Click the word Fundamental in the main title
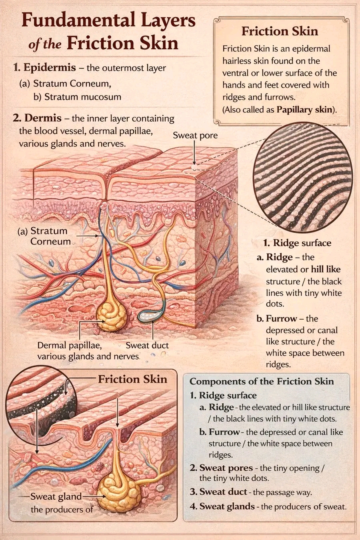tap(78, 21)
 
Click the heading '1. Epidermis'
tap(45, 67)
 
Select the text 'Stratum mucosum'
tap(83, 97)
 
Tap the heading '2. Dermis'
tap(37, 118)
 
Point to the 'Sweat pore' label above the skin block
tap(195, 135)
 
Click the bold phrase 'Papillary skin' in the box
tap(304, 110)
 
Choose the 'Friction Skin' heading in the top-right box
tap(280, 31)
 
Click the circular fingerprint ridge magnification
tap(303, 178)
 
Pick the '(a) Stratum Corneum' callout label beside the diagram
tap(44, 236)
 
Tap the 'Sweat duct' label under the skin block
tap(147, 346)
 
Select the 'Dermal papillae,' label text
tap(70, 346)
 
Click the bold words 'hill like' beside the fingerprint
tap(326, 269)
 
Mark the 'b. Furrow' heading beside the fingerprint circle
tap(276, 319)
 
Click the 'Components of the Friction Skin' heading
tap(262, 381)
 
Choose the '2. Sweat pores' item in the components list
tap(221, 468)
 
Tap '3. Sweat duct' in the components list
tap(218, 492)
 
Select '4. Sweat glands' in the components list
tap(222, 506)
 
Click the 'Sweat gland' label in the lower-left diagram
tap(56, 496)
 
